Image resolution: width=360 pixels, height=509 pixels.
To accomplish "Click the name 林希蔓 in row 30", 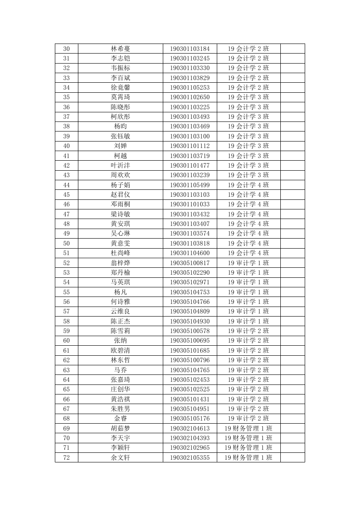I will tap(120, 49).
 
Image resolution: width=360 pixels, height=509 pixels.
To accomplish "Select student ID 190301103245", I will tap(189, 58).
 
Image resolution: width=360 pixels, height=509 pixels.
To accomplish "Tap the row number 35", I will tap(66, 97).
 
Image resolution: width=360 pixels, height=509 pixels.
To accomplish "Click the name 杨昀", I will tap(120, 126).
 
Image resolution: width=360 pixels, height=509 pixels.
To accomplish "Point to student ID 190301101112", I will tap(189, 146).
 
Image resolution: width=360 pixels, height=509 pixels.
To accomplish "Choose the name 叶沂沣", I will tap(120, 165).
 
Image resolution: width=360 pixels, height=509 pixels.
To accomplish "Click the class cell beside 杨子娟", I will tap(248, 185).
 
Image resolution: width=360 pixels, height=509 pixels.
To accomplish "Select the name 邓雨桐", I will tap(120, 204).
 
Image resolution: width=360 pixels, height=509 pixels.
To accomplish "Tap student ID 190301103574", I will tap(189, 233).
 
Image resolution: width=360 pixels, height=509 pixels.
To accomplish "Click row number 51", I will tap(66, 253).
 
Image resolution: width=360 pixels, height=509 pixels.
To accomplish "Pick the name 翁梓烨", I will tap(120, 263).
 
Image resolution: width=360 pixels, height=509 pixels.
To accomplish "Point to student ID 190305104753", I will tap(189, 292).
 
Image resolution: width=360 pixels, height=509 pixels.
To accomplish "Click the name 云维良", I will tap(120, 311).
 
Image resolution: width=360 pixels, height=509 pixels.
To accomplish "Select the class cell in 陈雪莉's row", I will tap(248, 331).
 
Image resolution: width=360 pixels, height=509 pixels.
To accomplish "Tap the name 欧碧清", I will tap(120, 350).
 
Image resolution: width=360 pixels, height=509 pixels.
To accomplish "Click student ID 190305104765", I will tap(189, 370).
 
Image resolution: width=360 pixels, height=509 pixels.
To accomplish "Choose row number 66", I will tap(66, 399).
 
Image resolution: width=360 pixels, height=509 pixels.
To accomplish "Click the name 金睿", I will tap(120, 418).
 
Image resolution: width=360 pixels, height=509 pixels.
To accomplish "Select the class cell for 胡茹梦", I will tap(248, 428).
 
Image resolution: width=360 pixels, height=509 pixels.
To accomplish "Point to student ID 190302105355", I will tap(189, 457).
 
